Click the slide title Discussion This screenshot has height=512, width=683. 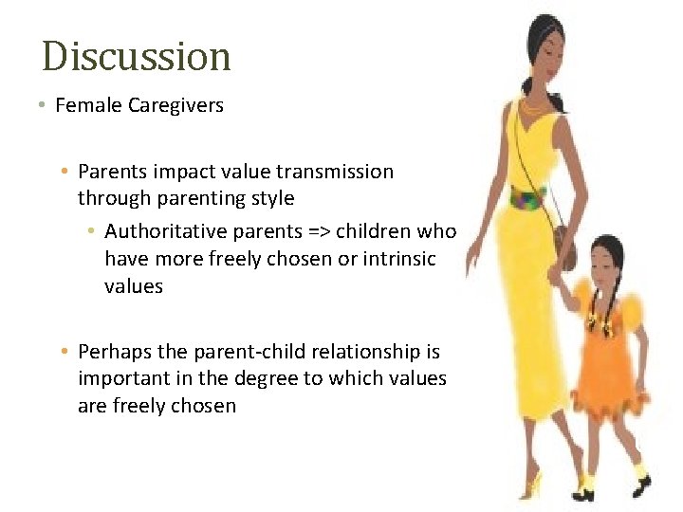137,57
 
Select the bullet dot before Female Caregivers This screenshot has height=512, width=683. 44,105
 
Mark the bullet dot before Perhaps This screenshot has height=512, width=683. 64,352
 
